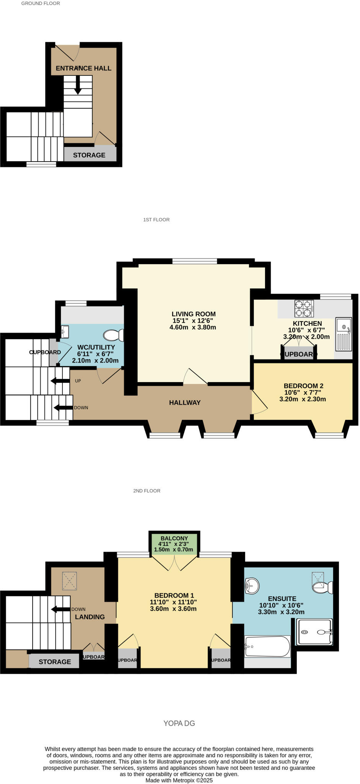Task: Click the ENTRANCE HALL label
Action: coord(83,68)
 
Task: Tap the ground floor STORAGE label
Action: coord(89,155)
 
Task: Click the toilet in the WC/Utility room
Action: coord(114,335)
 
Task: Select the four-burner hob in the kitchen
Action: coord(304,309)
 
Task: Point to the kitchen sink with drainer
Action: coord(344,334)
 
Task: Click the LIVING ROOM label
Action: coord(193,314)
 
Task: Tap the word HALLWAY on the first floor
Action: coord(185,402)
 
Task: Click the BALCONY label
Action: coord(174,538)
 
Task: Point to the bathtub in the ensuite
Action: coord(267,647)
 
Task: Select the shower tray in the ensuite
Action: coord(315,632)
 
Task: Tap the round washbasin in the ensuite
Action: coord(252,586)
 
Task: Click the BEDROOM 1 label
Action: coord(174,596)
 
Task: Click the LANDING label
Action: coord(90,617)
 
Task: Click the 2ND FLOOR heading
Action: coord(147,491)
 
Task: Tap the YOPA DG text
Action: coord(179,724)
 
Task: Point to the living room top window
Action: coord(195,261)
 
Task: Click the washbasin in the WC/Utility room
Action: coord(65,332)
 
